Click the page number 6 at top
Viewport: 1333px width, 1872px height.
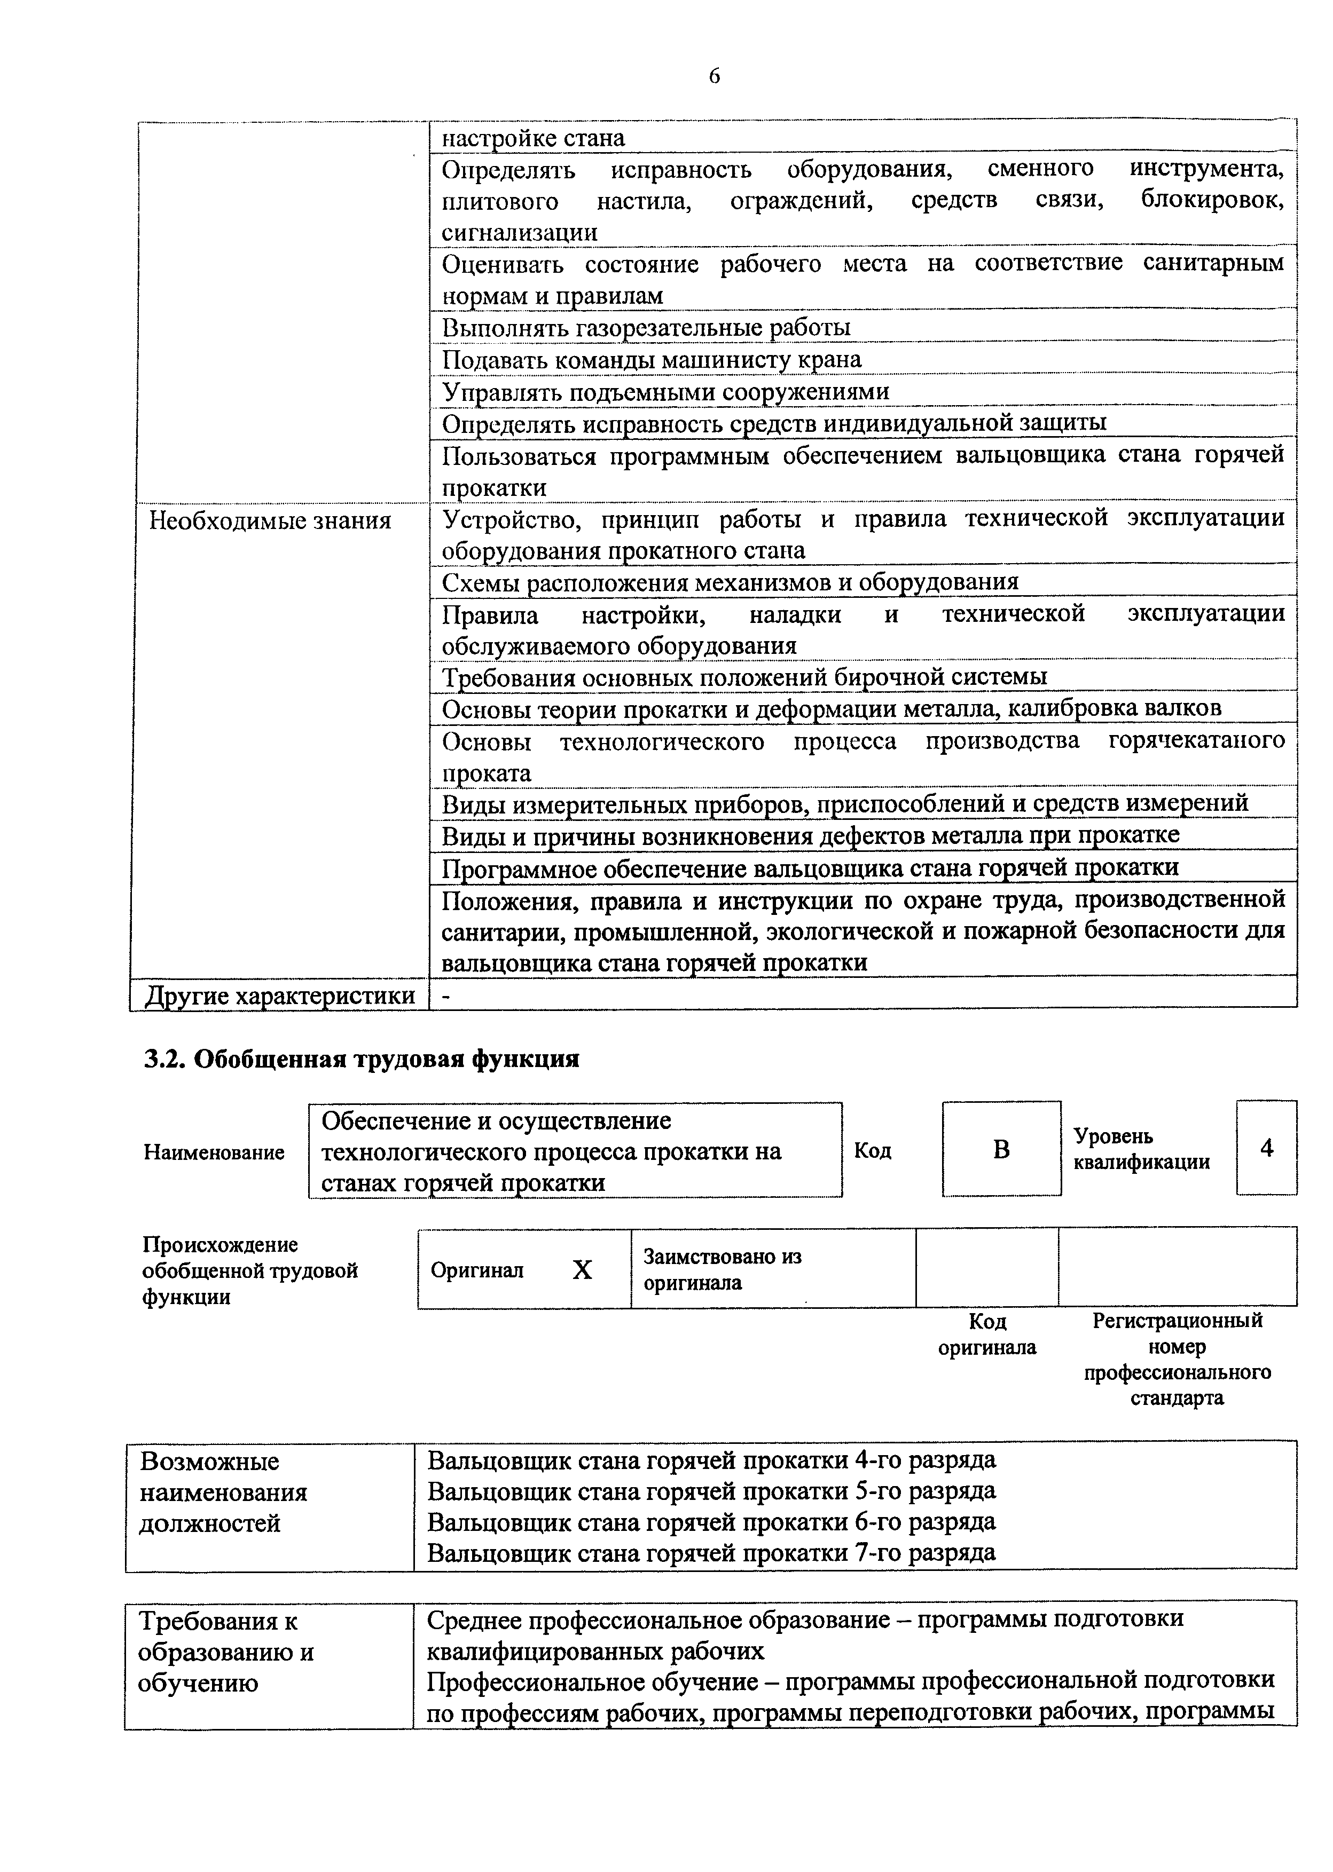pyautogui.click(x=714, y=76)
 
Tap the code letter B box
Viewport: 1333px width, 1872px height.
pyautogui.click(x=1001, y=1149)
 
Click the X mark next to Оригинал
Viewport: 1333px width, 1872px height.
pyautogui.click(x=582, y=1271)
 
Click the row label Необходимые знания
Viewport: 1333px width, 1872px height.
pyautogui.click(x=270, y=521)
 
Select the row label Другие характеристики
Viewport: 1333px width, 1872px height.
pyautogui.click(x=280, y=996)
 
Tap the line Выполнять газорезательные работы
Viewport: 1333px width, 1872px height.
pyautogui.click(x=646, y=327)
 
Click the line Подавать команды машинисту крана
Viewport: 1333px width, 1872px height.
pyautogui.click(x=652, y=359)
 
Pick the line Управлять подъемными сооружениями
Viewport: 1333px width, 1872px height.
pyautogui.click(x=665, y=391)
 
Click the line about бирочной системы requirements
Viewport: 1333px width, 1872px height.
pyautogui.click(x=744, y=677)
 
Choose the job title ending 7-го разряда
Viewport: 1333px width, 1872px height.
pyautogui.click(x=712, y=1552)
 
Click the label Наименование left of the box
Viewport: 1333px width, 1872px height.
pyautogui.click(x=214, y=1152)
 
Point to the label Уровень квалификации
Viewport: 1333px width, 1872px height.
pyautogui.click(x=1141, y=1149)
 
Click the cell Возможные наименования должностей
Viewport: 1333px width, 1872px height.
pyautogui.click(x=223, y=1491)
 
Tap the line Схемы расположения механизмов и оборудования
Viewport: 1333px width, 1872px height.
pyautogui.click(x=730, y=582)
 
